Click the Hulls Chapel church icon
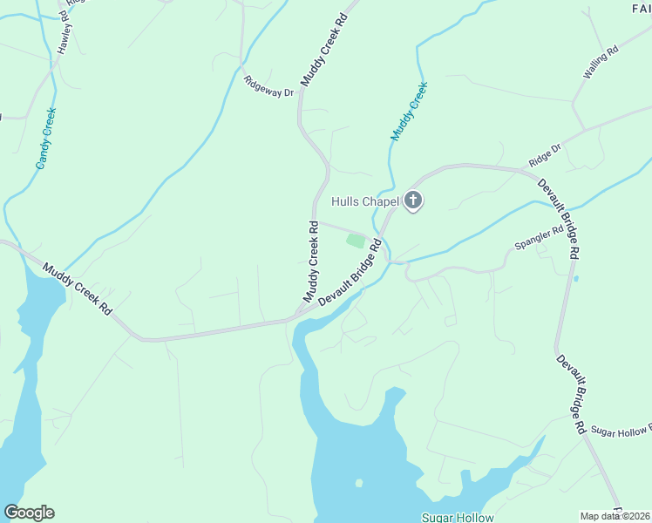click(x=413, y=202)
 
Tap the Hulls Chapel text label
click(x=365, y=201)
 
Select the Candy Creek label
click(x=46, y=138)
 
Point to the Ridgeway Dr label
click(x=269, y=86)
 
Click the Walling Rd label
click(x=601, y=63)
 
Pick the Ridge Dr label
click(x=546, y=157)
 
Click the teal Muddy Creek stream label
click(x=410, y=111)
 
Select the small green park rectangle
click(x=355, y=241)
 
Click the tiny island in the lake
click(x=359, y=482)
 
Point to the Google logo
click(x=29, y=513)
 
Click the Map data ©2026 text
click(x=615, y=516)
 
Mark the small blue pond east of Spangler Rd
click(x=576, y=279)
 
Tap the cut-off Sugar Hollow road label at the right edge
click(x=621, y=431)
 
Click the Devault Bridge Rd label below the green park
click(x=350, y=274)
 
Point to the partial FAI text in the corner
click(x=641, y=8)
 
